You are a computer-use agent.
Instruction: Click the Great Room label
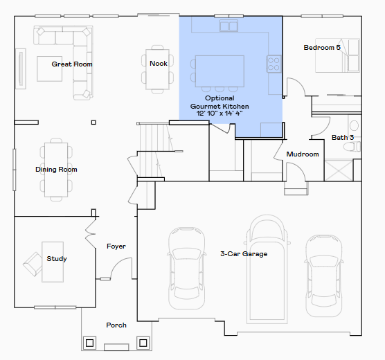tap(72, 64)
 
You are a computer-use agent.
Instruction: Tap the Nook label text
tap(159, 64)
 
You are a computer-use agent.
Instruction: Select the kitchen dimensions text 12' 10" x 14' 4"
tap(220, 114)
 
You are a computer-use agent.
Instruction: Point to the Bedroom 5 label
tap(322, 47)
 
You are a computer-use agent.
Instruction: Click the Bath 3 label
tap(343, 137)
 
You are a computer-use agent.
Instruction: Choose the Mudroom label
tap(303, 154)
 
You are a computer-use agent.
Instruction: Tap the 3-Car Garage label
tap(244, 253)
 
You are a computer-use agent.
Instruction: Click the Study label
tap(57, 259)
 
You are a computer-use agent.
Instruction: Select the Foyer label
tap(116, 246)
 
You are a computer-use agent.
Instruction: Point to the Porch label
tap(116, 325)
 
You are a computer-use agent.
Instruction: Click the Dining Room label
tap(56, 170)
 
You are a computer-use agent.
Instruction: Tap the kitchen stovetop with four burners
tap(274, 64)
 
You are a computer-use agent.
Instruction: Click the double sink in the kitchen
tap(229, 26)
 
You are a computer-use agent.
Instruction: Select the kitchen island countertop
tap(220, 71)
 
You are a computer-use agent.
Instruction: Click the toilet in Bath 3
tap(352, 147)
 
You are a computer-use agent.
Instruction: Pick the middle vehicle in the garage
tap(267, 269)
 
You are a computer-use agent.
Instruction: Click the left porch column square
tap(89, 343)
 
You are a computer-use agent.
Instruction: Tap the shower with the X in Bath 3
tap(339, 170)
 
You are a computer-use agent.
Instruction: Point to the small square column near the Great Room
tap(93, 123)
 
